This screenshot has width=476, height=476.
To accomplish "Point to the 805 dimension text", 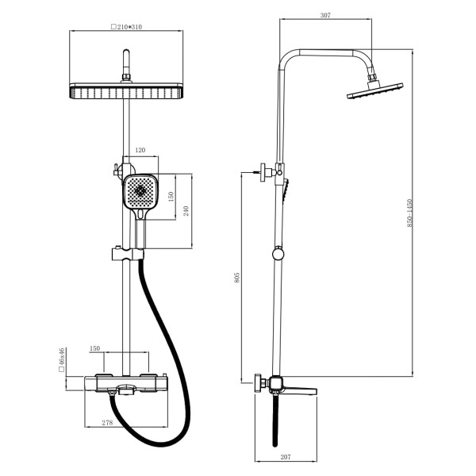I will (x=237, y=278).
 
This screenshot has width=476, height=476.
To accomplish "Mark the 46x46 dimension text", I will (x=60, y=361).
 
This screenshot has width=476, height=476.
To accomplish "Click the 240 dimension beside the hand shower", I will (x=186, y=212).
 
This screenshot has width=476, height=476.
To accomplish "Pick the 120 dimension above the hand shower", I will (x=140, y=150).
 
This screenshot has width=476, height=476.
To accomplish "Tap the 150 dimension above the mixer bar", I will (x=94, y=348).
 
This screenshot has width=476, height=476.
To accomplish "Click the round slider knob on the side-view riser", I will (x=277, y=254).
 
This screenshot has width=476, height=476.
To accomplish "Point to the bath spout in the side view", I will (x=300, y=388).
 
